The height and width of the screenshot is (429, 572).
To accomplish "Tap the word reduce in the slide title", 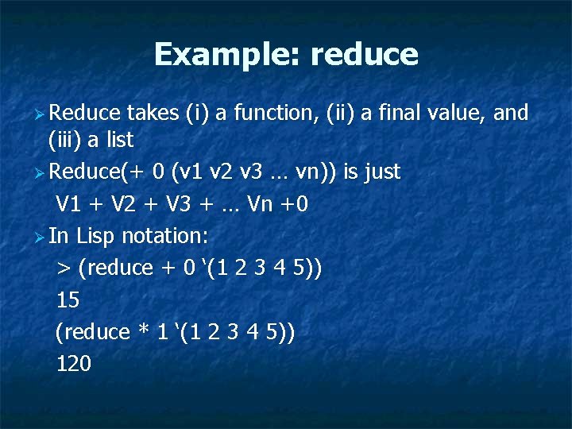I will [364, 55].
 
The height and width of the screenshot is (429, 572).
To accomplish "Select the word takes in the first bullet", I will [152, 114].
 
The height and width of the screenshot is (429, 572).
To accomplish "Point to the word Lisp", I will [96, 236].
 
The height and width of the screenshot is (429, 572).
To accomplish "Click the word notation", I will [164, 236].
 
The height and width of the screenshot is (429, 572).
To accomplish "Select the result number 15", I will [68, 300].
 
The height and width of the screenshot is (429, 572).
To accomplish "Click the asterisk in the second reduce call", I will [144, 331].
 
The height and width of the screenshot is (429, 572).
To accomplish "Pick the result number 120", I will [74, 364].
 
